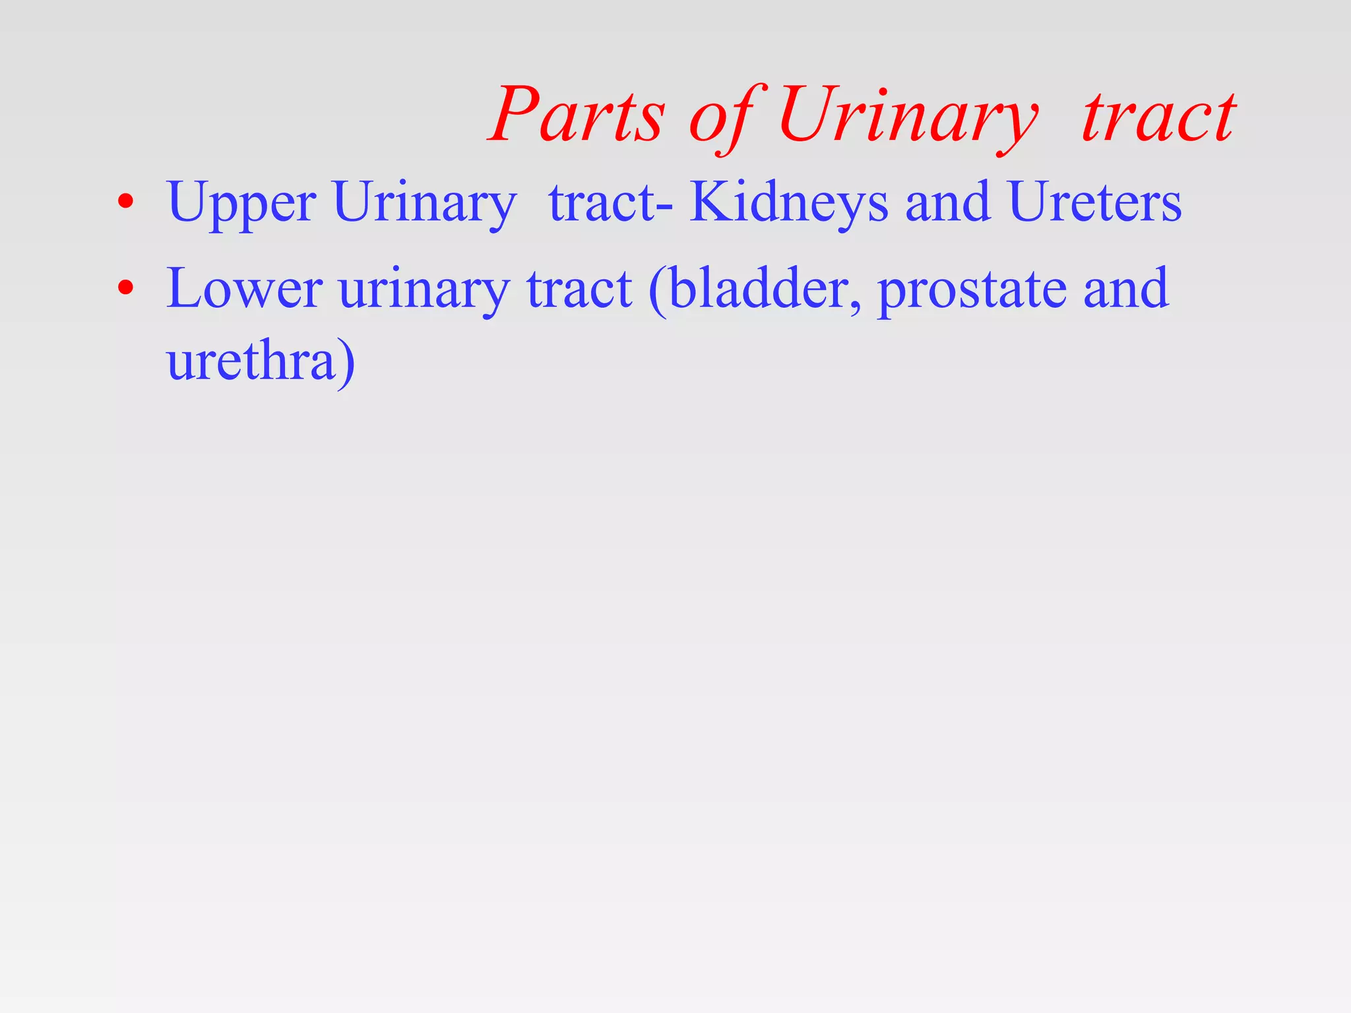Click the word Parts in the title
pos(577,116)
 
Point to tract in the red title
pos(1158,117)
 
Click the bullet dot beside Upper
pos(125,201)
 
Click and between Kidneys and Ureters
pos(947,202)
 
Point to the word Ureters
pos(1095,202)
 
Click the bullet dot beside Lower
pos(125,288)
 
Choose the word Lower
pos(244,288)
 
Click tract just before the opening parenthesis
pos(579,289)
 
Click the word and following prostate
pos(1125,288)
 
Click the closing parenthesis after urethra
pos(346,363)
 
